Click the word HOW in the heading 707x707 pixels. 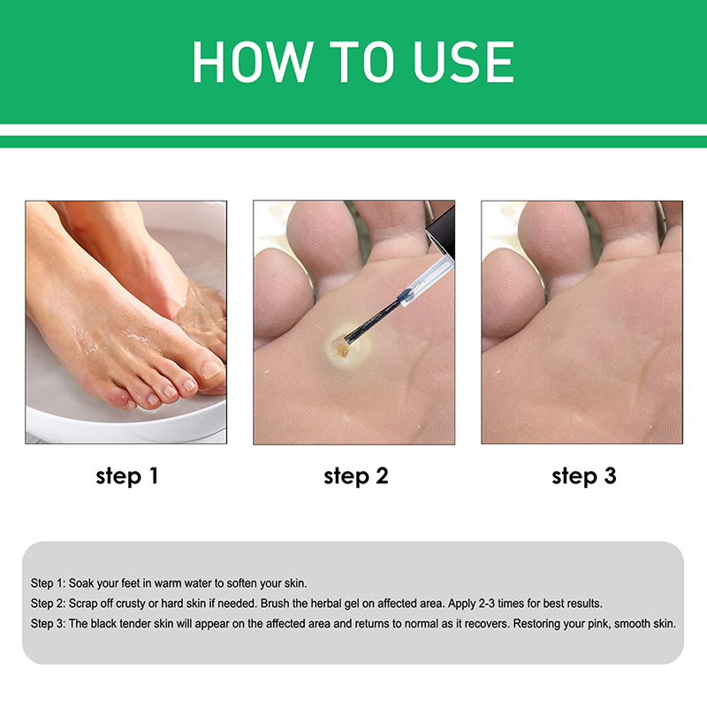[253, 62]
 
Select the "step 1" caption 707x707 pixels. [126, 476]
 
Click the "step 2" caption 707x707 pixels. [356, 476]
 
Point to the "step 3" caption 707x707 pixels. [584, 476]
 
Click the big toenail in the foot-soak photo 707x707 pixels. [210, 369]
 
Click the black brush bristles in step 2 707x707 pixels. [371, 321]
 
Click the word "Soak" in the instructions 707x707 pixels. [80, 583]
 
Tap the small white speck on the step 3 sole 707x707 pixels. [498, 374]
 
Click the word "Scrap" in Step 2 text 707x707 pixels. [82, 604]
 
